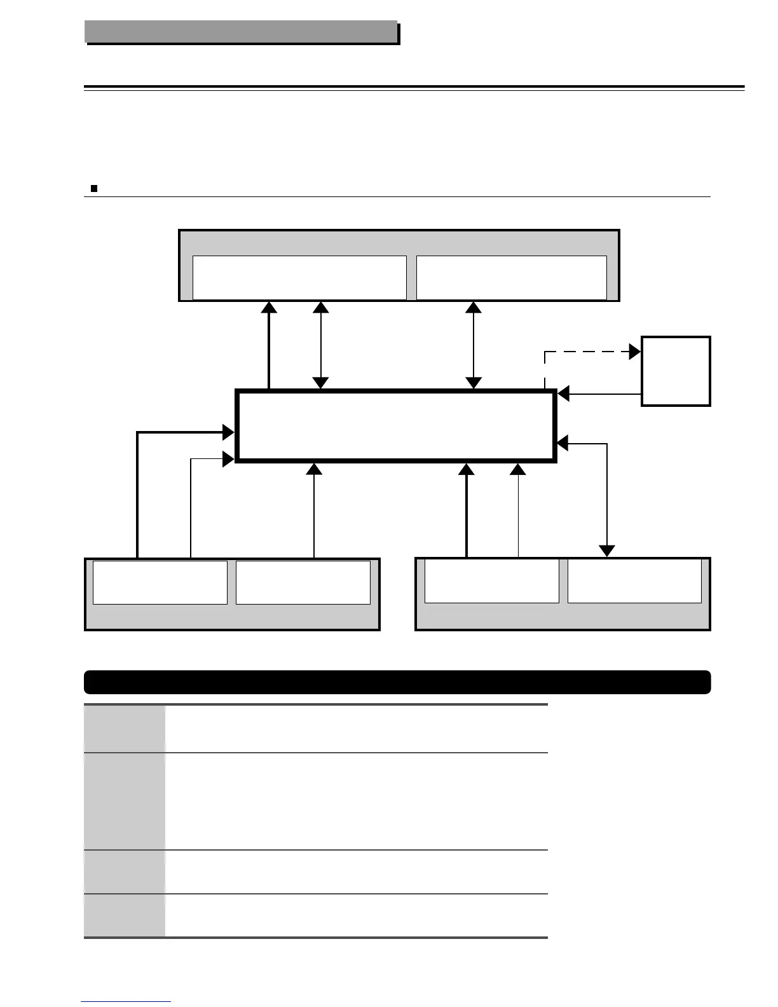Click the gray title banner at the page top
click(x=241, y=31)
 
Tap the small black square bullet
click(x=93, y=188)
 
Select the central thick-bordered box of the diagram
click(x=395, y=425)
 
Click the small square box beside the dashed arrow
click(x=676, y=371)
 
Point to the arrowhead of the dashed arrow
click(x=634, y=352)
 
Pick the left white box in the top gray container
click(x=299, y=277)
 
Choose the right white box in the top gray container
click(x=511, y=277)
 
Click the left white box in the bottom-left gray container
click(x=160, y=582)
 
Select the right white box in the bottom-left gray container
click(x=303, y=582)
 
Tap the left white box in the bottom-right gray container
click(x=491, y=580)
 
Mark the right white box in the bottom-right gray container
click(x=634, y=580)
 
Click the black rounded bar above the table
click(x=397, y=682)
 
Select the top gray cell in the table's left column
click(x=125, y=729)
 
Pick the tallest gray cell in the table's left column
click(x=125, y=801)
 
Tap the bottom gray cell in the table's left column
click(x=125, y=915)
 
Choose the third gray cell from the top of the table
click(x=125, y=872)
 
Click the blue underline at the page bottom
click(x=126, y=1002)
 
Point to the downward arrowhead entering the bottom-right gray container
click(x=608, y=551)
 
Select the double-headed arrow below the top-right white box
click(x=474, y=344)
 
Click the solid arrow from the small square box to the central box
click(x=601, y=394)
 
